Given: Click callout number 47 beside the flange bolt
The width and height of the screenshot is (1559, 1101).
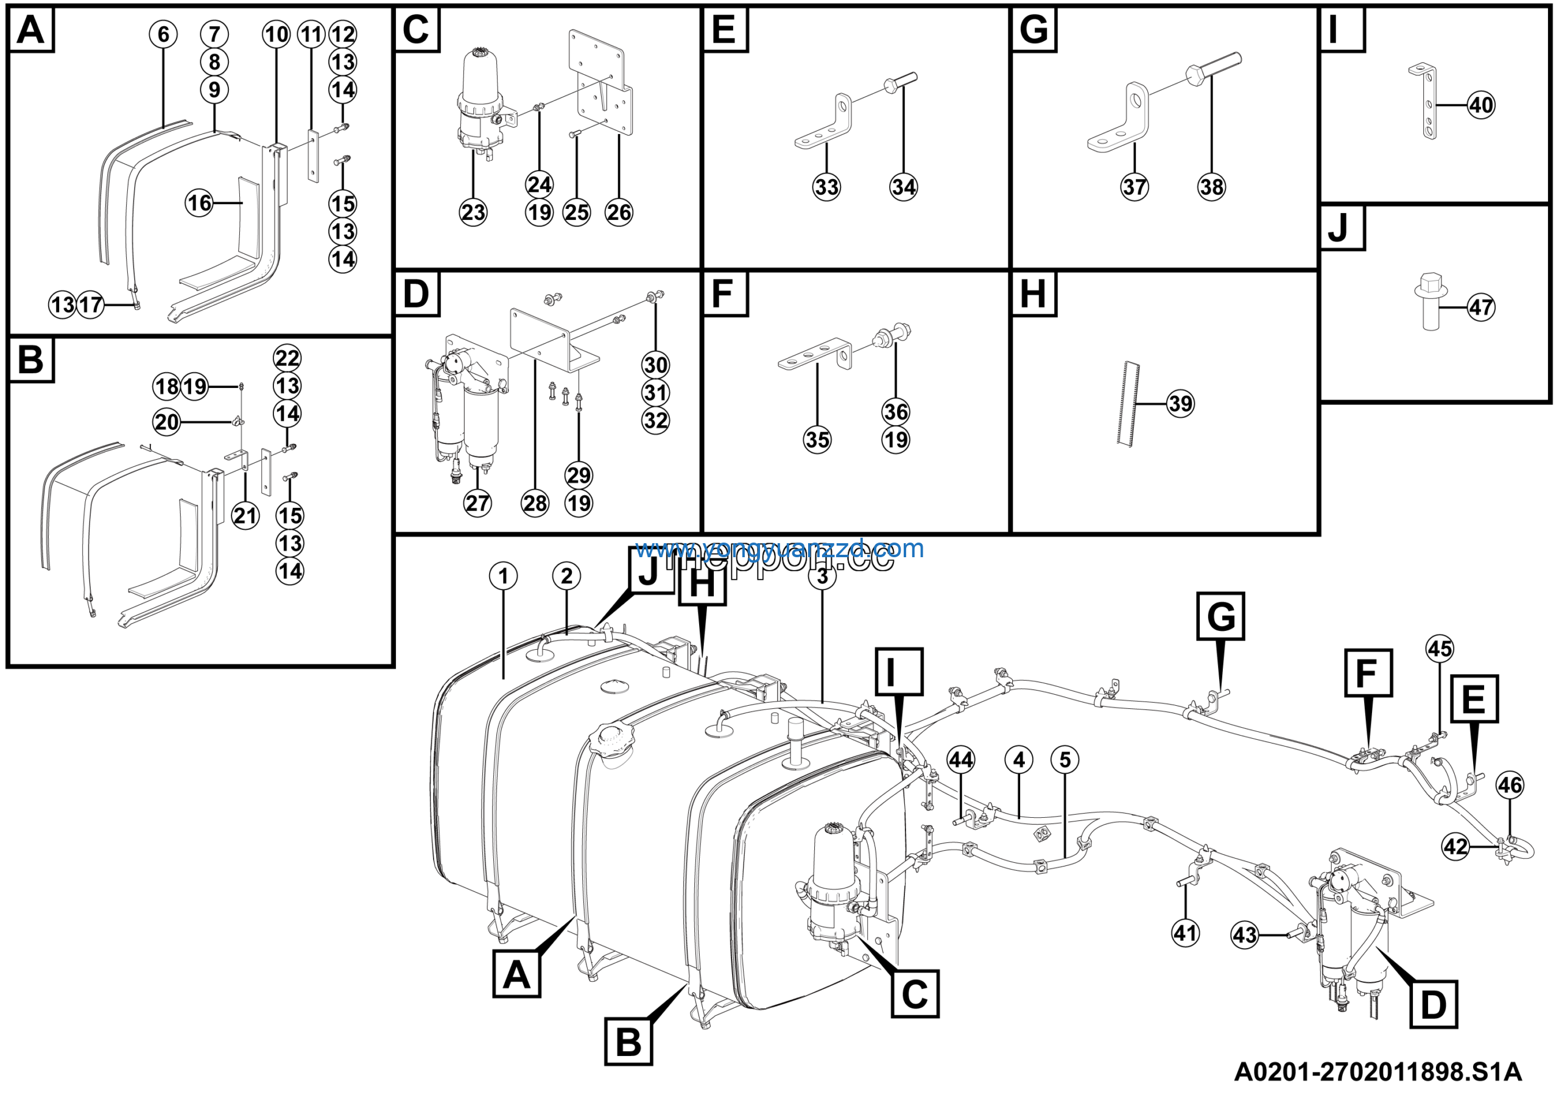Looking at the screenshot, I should coord(1481,308).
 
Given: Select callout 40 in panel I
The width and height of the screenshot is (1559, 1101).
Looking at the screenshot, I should coord(1481,105).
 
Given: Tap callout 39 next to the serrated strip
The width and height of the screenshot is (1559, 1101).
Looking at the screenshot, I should coord(1180,404).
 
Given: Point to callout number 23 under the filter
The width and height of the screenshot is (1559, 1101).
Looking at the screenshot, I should coord(473,213).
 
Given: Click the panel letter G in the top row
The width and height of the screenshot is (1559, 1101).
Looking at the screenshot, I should coord(1033,30).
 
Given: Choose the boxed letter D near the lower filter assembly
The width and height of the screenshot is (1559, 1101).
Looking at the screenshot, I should coord(1434,1005).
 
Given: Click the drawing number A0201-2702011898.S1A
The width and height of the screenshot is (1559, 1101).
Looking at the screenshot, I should coord(1378,1072).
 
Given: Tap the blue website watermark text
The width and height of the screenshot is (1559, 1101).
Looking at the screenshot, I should coord(779,549).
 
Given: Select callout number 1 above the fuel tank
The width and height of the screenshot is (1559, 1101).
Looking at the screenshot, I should coord(503,576).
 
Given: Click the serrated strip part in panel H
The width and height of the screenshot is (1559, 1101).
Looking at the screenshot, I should coord(1128,404).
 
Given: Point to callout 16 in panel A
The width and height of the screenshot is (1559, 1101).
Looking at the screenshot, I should coord(200,203).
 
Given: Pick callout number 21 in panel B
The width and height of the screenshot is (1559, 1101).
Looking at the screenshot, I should coord(245,516).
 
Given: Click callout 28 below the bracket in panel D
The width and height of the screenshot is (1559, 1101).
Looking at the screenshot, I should coord(535,503).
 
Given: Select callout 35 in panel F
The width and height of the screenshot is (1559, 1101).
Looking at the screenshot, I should coord(817,440).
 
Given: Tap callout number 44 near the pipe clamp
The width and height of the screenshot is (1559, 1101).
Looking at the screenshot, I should coord(961,759).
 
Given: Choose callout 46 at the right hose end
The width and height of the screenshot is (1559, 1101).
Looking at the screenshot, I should coord(1510,786).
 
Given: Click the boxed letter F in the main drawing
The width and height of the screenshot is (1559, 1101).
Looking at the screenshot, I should coord(1368,674).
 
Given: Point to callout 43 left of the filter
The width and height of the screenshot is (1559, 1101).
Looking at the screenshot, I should coord(1245,935).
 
